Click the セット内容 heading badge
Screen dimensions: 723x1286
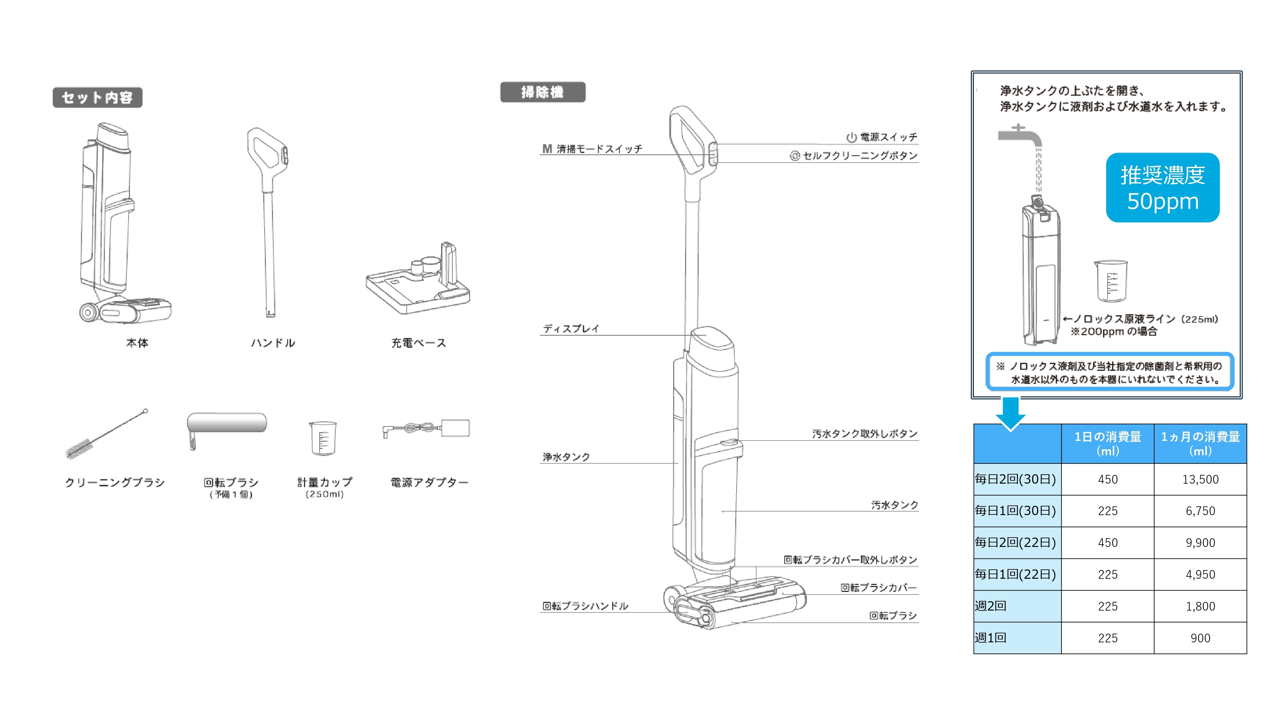pos(97,97)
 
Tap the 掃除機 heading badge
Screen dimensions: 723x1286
pos(543,92)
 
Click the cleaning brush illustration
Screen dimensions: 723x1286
pos(106,434)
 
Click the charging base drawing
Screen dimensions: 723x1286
pos(418,282)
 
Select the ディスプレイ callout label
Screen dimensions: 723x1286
pos(571,328)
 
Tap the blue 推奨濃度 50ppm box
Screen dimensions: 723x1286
pos(1162,188)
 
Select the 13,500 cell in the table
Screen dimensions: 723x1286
pos(1200,479)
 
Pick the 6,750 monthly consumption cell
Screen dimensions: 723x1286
pos(1200,511)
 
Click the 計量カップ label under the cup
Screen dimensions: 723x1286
pos(324,482)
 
